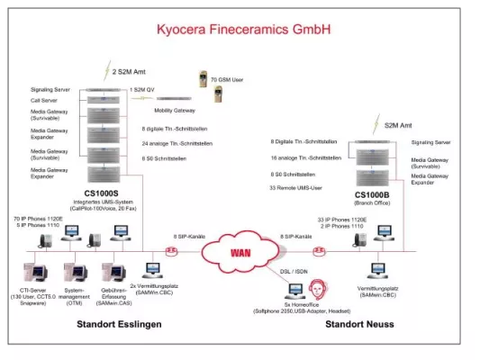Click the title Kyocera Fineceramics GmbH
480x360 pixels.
240,30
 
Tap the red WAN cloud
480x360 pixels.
240,252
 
